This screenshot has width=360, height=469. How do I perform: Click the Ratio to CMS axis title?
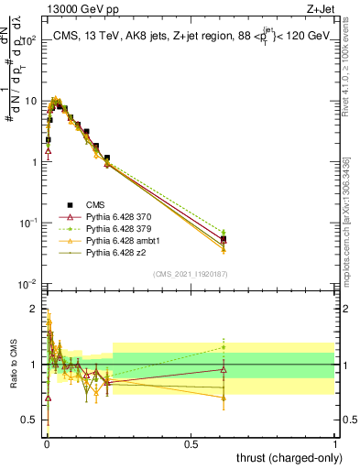tap(14, 364)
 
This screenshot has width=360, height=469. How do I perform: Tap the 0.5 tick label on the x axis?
tap(191, 443)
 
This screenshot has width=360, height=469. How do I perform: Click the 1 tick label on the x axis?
tap(336, 443)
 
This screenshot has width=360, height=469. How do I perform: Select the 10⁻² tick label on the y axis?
tap(28, 284)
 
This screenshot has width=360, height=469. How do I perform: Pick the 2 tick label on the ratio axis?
tap(33, 308)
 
